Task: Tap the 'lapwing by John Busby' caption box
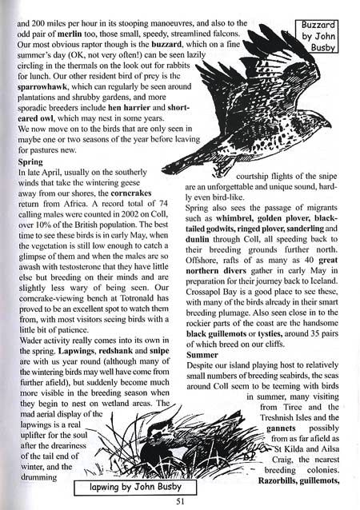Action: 132,486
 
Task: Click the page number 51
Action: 180,500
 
